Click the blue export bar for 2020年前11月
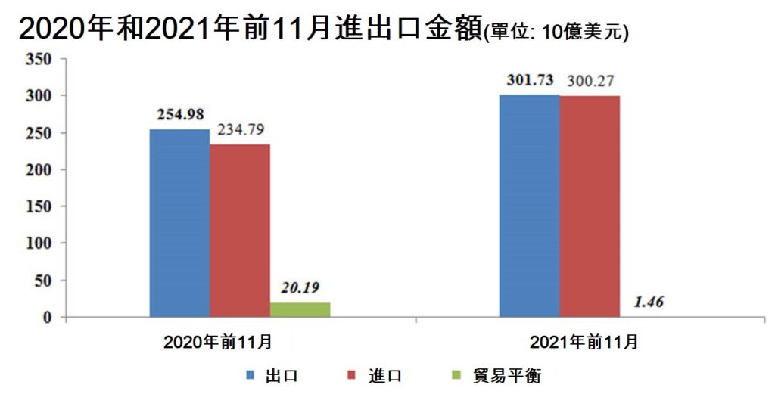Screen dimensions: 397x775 point(179,223)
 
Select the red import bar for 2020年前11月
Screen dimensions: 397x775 point(239,231)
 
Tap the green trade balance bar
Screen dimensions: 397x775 point(300,309)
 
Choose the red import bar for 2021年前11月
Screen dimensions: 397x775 point(590,206)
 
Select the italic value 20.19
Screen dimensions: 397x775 point(301,287)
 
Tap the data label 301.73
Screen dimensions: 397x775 point(531,80)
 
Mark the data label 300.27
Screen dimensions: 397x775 point(591,81)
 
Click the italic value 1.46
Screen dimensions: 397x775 point(649,302)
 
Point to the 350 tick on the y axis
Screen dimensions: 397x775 point(39,59)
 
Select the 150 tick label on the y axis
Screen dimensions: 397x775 point(39,206)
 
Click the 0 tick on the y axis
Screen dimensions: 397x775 point(47,318)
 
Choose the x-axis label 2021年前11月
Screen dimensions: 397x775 point(584,343)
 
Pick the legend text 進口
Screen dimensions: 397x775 point(387,376)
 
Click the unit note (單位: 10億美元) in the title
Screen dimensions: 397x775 point(556,33)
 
